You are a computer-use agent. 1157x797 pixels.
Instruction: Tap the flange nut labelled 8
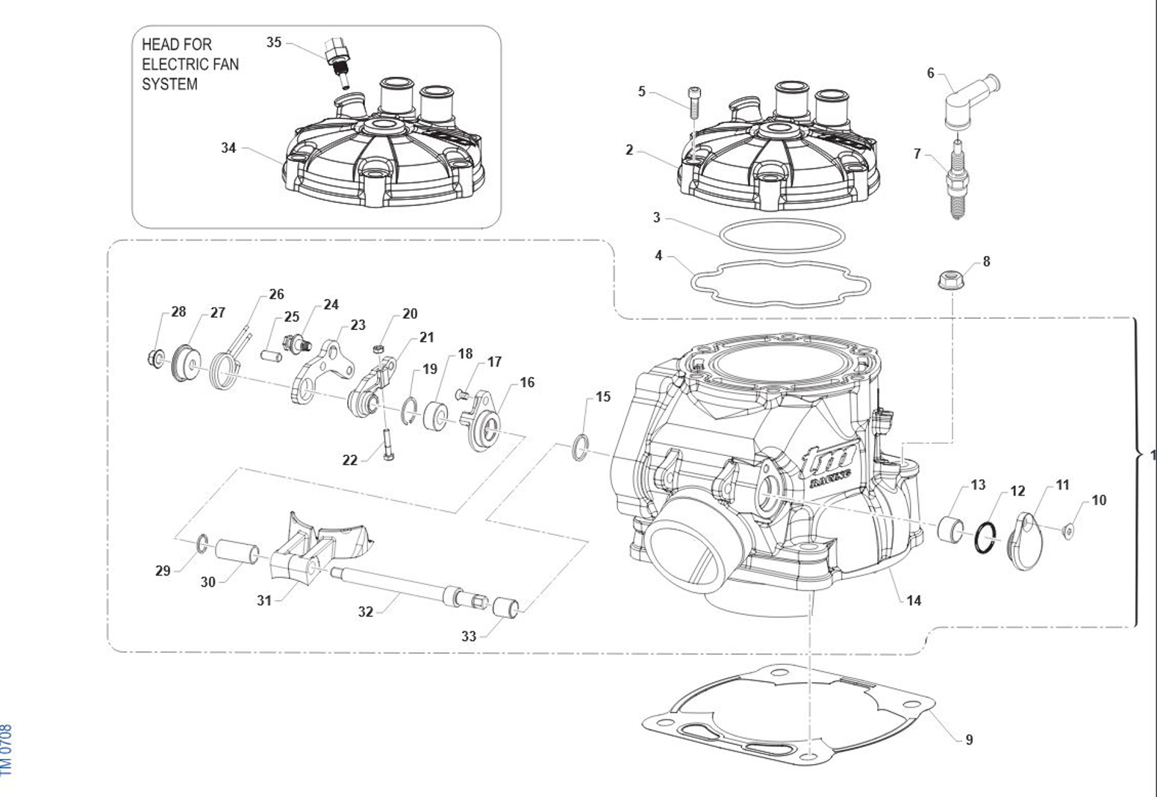pos(949,281)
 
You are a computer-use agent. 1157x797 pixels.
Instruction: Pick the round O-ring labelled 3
pos(782,235)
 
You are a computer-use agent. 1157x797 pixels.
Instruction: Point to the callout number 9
pos(969,740)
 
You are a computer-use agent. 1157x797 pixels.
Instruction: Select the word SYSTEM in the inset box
pos(169,84)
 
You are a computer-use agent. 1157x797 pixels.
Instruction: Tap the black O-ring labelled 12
pos(985,538)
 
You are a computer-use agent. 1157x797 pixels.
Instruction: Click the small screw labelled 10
pos(1068,531)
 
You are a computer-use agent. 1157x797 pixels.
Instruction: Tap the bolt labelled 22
pos(387,446)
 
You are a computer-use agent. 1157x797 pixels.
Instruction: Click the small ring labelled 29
pos(202,544)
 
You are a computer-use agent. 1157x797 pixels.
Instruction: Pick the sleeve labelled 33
pos(507,606)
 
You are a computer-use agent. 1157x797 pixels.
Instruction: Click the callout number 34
pos(228,148)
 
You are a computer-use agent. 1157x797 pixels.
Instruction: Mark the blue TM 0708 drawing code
pos(7,749)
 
